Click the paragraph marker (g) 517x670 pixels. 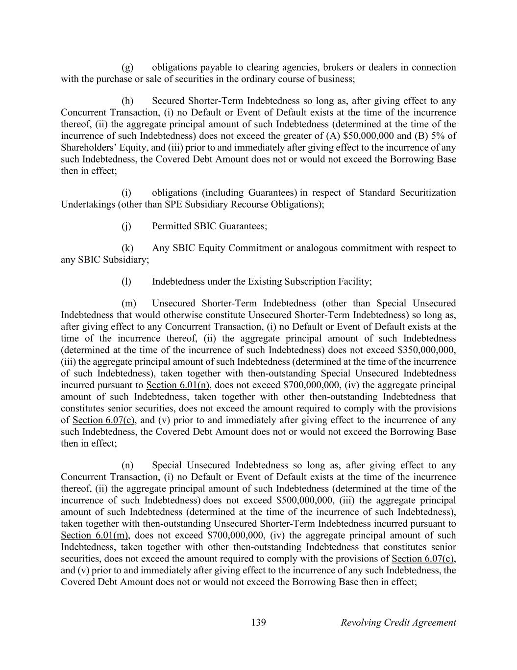click(127, 67)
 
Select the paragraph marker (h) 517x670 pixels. click(127, 101)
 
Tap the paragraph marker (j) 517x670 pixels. click(126, 226)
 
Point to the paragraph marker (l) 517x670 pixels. click(126, 282)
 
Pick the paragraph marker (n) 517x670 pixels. click(127, 465)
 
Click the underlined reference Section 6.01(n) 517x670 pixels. click(178, 385)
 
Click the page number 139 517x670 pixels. click(258, 623)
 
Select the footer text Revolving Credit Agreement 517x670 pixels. click(398, 623)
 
